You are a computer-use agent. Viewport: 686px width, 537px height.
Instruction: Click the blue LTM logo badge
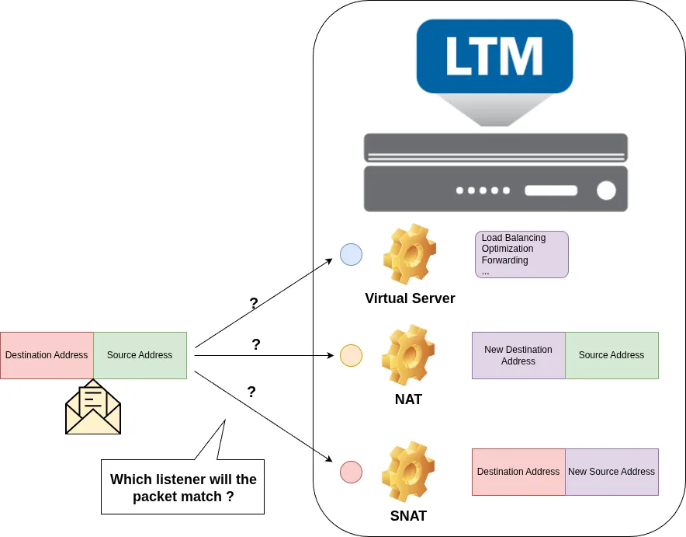pos(494,56)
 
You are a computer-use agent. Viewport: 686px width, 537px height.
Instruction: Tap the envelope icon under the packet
pos(93,407)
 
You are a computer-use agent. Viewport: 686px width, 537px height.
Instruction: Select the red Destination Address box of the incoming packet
pos(47,355)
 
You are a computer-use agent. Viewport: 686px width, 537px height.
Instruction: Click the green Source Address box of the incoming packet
pos(140,355)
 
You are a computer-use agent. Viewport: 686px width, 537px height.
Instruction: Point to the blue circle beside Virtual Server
pos(351,254)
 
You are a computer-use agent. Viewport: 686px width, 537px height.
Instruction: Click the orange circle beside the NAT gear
pos(351,355)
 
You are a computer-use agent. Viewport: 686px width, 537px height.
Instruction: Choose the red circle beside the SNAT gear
pos(351,472)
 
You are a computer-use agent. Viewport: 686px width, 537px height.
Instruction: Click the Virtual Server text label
pos(410,298)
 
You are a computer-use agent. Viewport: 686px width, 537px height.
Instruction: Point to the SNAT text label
pos(408,516)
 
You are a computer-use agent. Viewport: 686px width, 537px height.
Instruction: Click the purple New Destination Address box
pos(518,355)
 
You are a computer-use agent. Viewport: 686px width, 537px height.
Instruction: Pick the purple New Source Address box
pos(612,472)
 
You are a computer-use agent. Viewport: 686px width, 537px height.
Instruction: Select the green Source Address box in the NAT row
pos(612,355)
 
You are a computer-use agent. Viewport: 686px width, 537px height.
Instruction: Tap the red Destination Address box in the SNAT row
pos(518,472)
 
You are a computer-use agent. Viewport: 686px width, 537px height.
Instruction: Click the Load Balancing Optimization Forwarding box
pos(521,254)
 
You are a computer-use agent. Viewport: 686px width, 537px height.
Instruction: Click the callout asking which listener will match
pos(183,487)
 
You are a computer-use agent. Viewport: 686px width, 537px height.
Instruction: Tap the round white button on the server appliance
pos(606,190)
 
